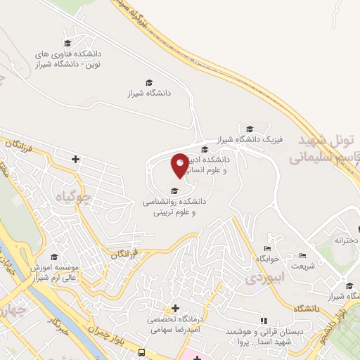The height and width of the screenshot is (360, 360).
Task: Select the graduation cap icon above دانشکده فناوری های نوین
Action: coord(68,44)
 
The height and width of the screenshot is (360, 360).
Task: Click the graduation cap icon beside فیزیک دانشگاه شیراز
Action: coord(250,128)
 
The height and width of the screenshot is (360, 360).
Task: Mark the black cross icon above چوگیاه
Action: coord(76,160)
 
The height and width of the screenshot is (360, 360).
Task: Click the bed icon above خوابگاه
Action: coord(266,248)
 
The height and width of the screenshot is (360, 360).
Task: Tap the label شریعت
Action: coord(303,265)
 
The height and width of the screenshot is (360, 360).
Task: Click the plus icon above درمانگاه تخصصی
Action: coord(175,309)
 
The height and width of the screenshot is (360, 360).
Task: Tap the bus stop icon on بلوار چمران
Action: coord(143,352)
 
